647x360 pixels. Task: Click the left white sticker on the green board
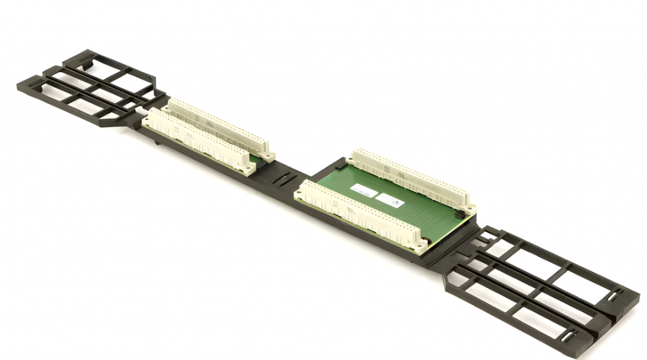tap(363, 189)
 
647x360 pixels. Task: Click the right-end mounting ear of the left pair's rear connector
tap(270, 154)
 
